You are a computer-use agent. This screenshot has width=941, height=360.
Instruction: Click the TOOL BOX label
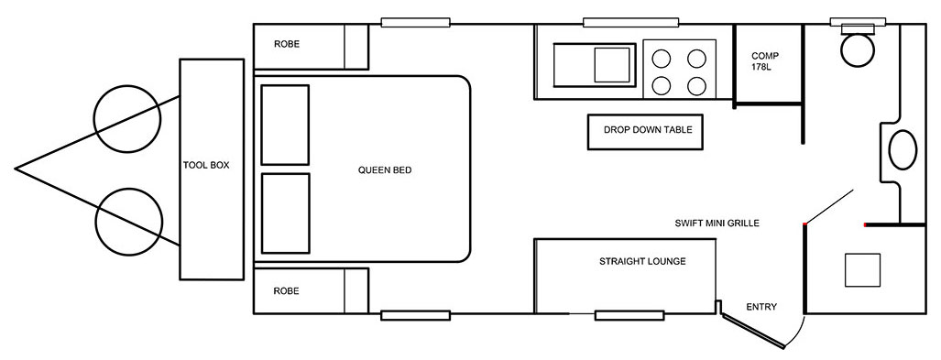pos(206,165)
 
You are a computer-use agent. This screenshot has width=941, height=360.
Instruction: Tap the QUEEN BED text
pos(385,169)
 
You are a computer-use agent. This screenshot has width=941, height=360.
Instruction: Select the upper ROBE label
pos(286,44)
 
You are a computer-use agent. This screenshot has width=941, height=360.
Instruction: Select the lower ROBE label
pos(286,291)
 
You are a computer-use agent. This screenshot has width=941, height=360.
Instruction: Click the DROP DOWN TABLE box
pos(644,132)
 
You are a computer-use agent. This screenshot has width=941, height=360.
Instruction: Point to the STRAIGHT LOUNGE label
pos(642,262)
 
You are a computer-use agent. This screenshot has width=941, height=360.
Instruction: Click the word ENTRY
pos(761,307)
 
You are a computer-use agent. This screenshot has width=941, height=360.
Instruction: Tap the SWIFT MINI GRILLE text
pos(717,224)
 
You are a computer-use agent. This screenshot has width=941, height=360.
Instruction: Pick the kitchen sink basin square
pos(612,65)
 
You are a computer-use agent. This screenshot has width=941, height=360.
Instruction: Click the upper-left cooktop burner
pos(661,59)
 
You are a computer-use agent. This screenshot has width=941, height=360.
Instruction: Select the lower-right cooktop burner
pos(696,86)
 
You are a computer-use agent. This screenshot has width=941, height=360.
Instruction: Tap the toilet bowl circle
pos(858,49)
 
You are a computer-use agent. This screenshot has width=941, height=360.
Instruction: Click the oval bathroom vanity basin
pos(902,150)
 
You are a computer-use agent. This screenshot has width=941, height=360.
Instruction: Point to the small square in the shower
pos(862,270)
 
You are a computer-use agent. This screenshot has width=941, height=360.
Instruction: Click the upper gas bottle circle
pos(127,118)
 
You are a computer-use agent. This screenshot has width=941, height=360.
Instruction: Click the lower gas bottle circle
pos(128,222)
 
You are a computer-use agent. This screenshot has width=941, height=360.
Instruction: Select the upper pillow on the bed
pos(285,125)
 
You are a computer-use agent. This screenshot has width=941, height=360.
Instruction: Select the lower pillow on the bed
pos(286,213)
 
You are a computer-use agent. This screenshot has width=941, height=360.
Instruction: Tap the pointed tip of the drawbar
pos(15,169)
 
